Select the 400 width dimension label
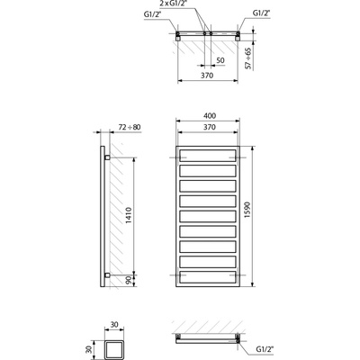(x=210, y=116)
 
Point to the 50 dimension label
(x=220, y=60)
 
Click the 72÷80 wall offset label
(x=129, y=127)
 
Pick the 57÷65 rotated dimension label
(x=248, y=58)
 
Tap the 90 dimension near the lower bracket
(x=129, y=281)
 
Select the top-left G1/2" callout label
(x=151, y=14)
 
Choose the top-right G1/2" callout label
(x=261, y=13)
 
